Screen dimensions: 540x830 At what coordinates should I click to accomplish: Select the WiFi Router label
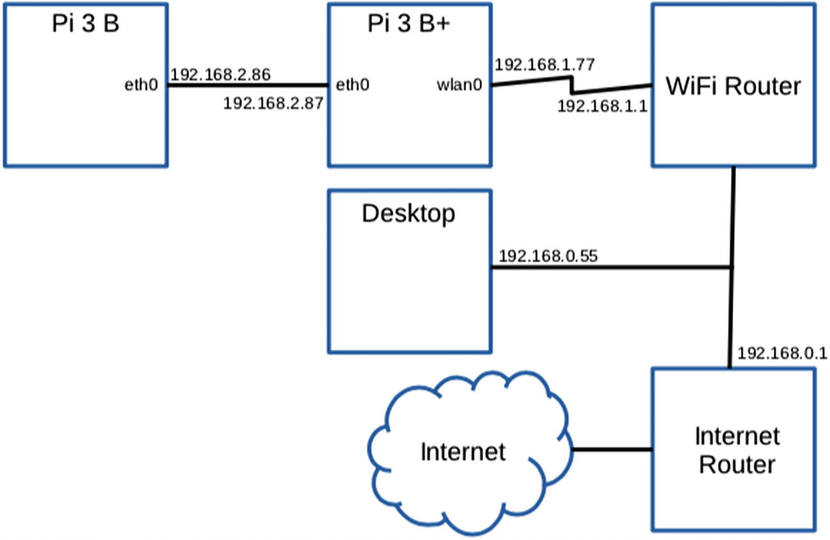click(733, 86)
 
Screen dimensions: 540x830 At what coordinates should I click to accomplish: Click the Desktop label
click(409, 213)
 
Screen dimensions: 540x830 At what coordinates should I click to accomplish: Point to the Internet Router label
click(737, 451)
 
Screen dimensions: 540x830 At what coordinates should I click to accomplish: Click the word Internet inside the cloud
click(463, 452)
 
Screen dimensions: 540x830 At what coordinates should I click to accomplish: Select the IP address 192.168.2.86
click(221, 75)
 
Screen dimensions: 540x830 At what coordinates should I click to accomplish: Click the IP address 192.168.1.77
click(545, 64)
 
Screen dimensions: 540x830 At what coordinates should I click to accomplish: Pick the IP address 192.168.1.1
click(603, 106)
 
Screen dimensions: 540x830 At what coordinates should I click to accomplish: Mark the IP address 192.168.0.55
click(548, 257)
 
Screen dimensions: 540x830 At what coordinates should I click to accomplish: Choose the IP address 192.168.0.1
click(782, 353)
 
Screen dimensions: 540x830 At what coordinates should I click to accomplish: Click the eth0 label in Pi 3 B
click(140, 85)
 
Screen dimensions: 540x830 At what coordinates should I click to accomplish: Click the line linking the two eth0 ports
click(248, 86)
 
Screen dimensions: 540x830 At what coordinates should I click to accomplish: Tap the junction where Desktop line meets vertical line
click(732, 267)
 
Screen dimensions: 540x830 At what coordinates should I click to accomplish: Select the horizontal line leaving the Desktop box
click(607, 267)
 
